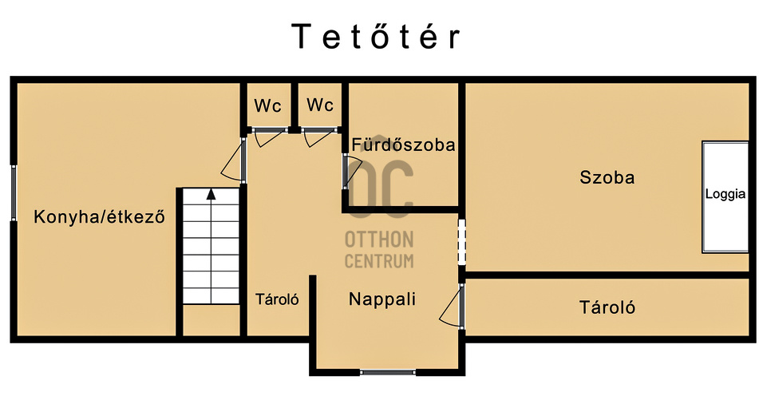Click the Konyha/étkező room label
(99, 216)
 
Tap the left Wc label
(267, 105)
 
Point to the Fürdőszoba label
(403, 145)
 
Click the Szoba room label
(607, 177)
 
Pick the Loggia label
(725, 194)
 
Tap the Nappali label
(382, 299)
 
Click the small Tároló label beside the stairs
(277, 299)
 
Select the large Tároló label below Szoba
(607, 307)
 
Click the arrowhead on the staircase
(211, 194)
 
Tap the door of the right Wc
(319, 137)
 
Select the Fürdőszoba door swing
(353, 172)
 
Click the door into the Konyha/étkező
(235, 160)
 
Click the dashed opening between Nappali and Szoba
(462, 242)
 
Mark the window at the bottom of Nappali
(387, 372)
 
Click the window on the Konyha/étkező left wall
(14, 192)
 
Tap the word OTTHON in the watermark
(379, 240)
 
